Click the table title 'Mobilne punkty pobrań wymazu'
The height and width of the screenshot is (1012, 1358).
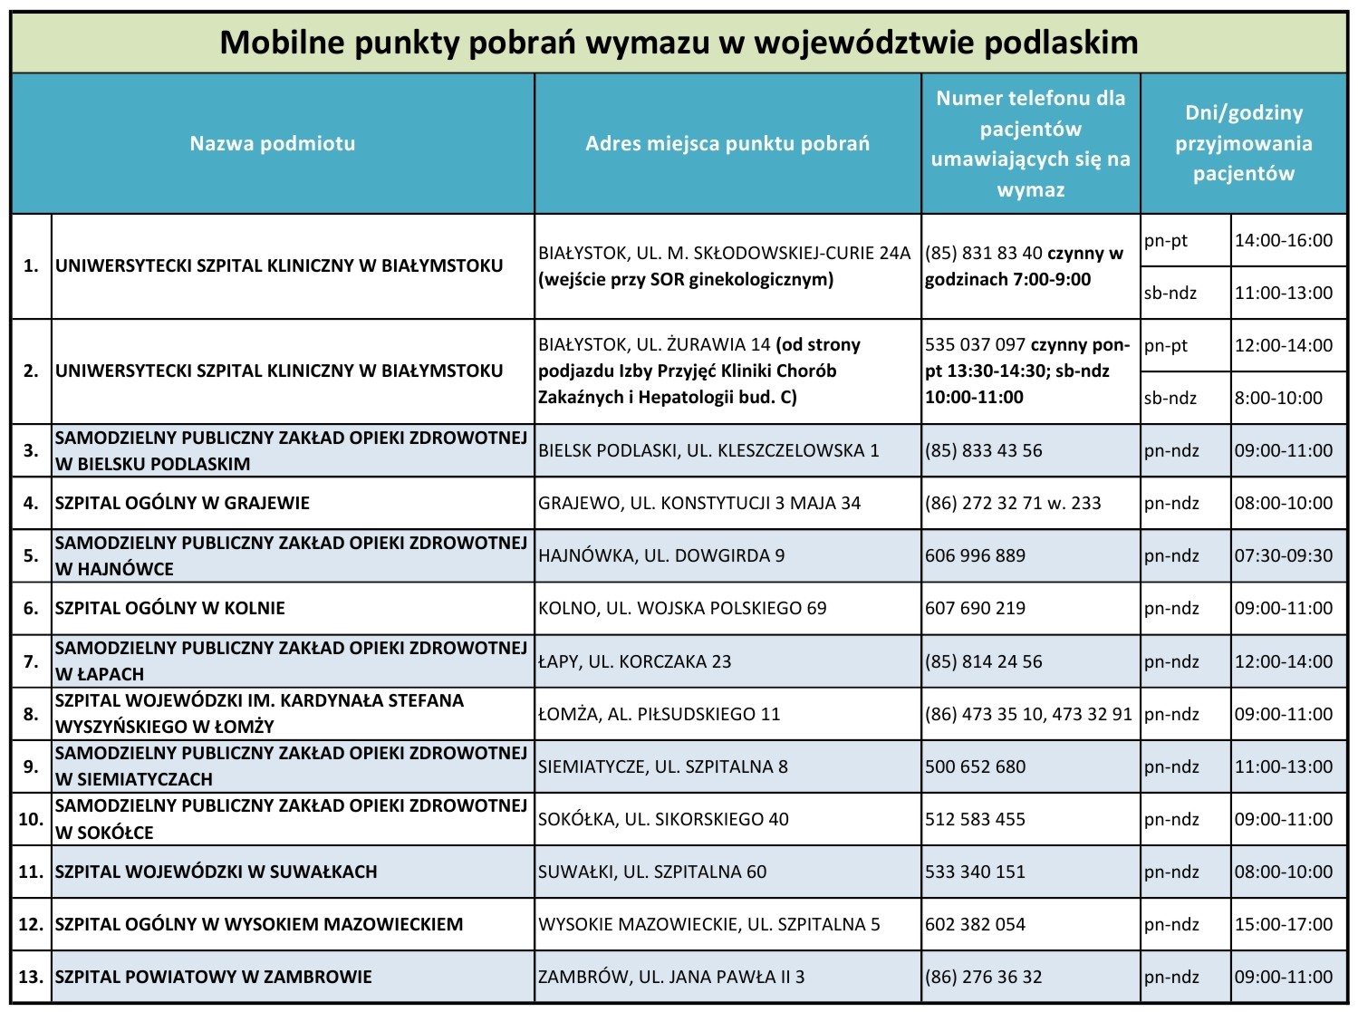click(679, 43)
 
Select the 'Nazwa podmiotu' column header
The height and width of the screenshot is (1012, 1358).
click(272, 143)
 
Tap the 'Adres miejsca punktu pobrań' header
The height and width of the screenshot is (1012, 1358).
click(727, 143)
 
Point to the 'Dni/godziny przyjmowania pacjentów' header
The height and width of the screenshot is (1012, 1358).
click(1243, 143)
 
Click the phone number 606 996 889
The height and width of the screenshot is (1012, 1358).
click(975, 555)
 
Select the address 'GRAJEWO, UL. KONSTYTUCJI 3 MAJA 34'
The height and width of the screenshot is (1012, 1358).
click(699, 503)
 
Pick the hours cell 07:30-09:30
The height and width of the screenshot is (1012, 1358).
click(1283, 555)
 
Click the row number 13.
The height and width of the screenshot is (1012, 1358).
click(31, 977)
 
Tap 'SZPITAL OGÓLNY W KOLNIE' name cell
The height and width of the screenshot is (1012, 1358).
click(170, 608)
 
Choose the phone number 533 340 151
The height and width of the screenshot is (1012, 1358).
click(975, 872)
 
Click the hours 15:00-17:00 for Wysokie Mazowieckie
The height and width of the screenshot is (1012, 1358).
click(1283, 924)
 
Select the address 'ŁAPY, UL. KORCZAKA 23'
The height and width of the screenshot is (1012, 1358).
click(634, 661)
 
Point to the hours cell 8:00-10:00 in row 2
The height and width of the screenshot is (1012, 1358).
click(1277, 398)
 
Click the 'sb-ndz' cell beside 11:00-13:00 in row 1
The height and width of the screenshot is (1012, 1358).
click(1170, 293)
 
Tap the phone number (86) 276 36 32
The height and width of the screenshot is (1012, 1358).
click(983, 977)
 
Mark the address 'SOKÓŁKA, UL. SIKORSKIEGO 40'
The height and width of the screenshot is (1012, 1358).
click(663, 819)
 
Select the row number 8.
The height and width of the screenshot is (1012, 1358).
click(31, 714)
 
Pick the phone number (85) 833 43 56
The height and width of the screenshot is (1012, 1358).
click(983, 450)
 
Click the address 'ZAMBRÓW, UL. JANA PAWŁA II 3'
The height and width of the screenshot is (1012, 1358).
click(671, 977)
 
